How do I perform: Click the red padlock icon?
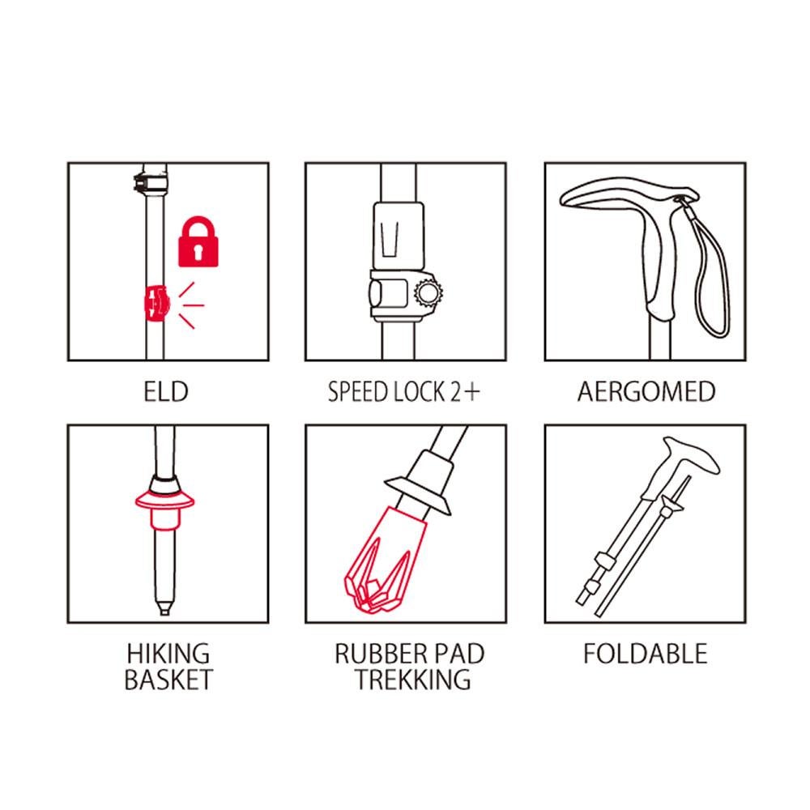pos(198,241)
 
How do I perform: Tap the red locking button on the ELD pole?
pos(156,303)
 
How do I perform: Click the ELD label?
pos(166,391)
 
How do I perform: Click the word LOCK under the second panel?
pos(419,391)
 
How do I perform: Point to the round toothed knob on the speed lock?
pos(428,293)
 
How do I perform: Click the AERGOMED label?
pos(646,391)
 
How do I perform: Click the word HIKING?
pos(168,654)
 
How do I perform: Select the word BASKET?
pos(168,680)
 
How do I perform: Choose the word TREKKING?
pos(413,680)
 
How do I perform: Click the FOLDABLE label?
pos(646,654)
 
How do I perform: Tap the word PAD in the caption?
pos(458,654)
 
